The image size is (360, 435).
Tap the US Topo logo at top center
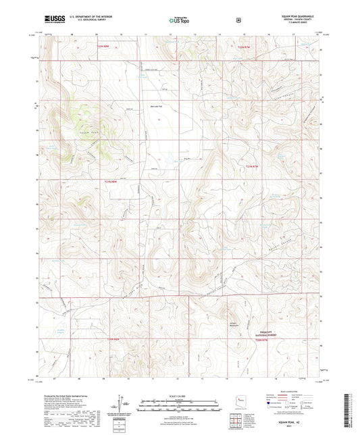179,21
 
